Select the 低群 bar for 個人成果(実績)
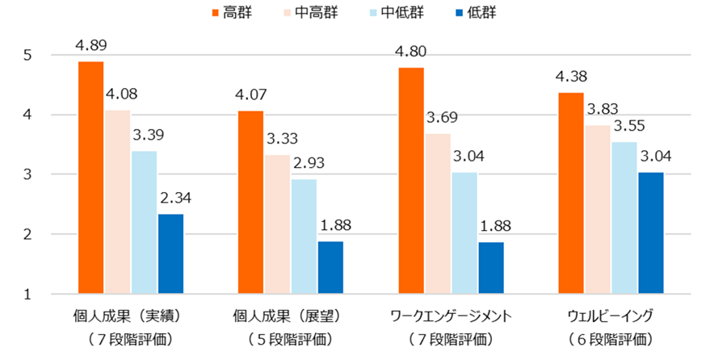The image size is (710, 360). pos(170,253)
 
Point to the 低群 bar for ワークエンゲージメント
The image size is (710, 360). pos(490,267)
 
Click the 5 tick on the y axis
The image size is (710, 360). pos(28,56)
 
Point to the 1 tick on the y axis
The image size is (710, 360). pos(28,294)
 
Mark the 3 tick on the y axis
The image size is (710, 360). pos(28,174)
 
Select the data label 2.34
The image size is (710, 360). pos(171,197)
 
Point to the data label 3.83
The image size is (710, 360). pos(598,109)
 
